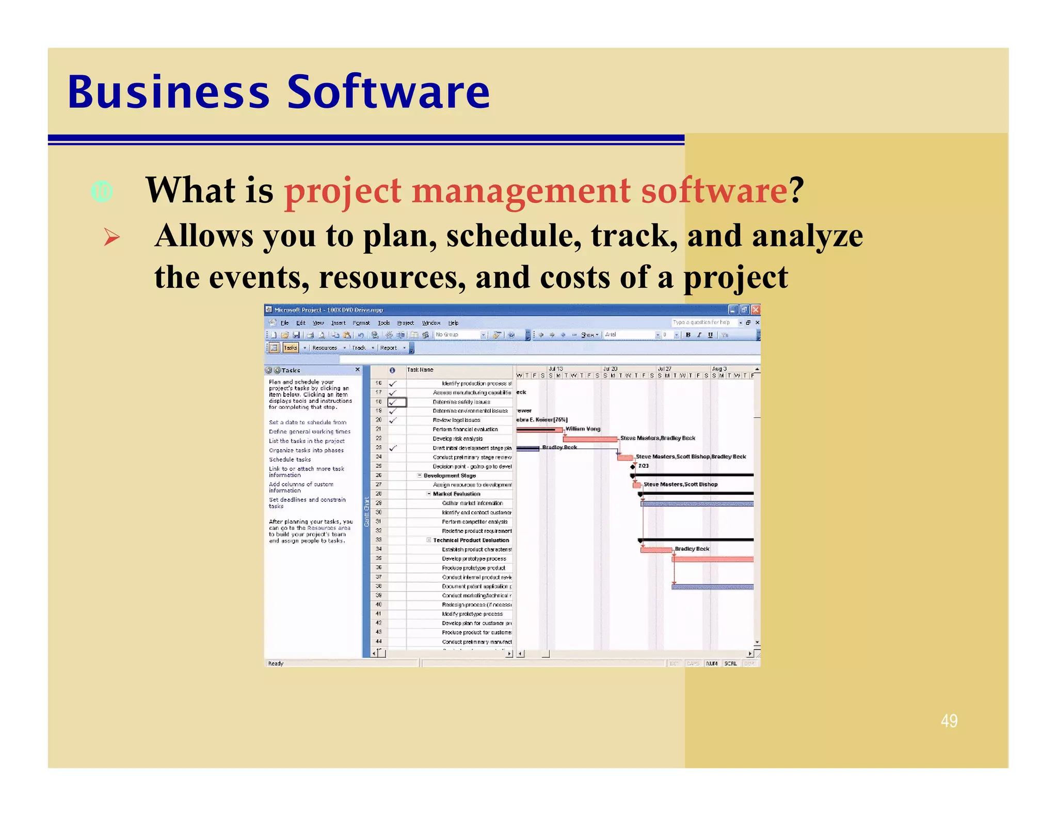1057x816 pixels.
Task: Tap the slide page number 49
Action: [949, 721]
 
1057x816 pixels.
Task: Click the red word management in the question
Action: [521, 191]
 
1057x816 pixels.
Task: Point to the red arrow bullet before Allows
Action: [111, 237]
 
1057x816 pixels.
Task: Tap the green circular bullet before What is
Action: [102, 192]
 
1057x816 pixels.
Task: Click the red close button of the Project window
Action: [755, 309]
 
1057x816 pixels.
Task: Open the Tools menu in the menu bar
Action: [383, 323]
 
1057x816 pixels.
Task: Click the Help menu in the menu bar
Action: [453, 323]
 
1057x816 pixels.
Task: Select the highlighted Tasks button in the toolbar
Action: [291, 348]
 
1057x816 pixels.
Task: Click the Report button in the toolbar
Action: [389, 348]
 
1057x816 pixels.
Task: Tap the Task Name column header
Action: [420, 370]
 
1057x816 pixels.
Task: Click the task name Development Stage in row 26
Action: [450, 476]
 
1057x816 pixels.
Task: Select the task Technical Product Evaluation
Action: [471, 540]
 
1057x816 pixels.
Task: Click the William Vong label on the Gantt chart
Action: [583, 429]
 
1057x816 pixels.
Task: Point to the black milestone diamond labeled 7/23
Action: [633, 466]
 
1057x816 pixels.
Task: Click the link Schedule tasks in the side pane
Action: [290, 460]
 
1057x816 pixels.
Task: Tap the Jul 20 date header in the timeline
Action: [610, 369]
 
